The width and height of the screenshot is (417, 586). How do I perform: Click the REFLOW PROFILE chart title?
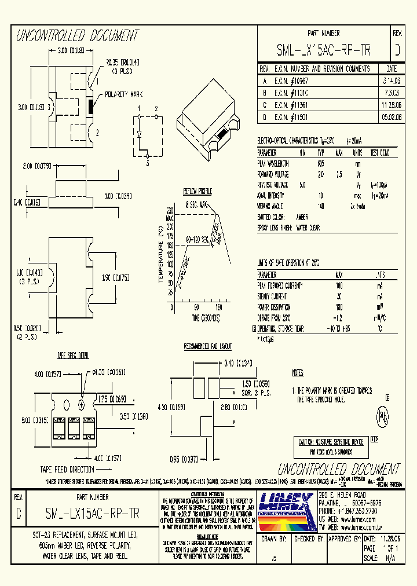pos(197,192)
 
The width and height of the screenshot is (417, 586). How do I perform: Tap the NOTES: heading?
pos(298,373)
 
